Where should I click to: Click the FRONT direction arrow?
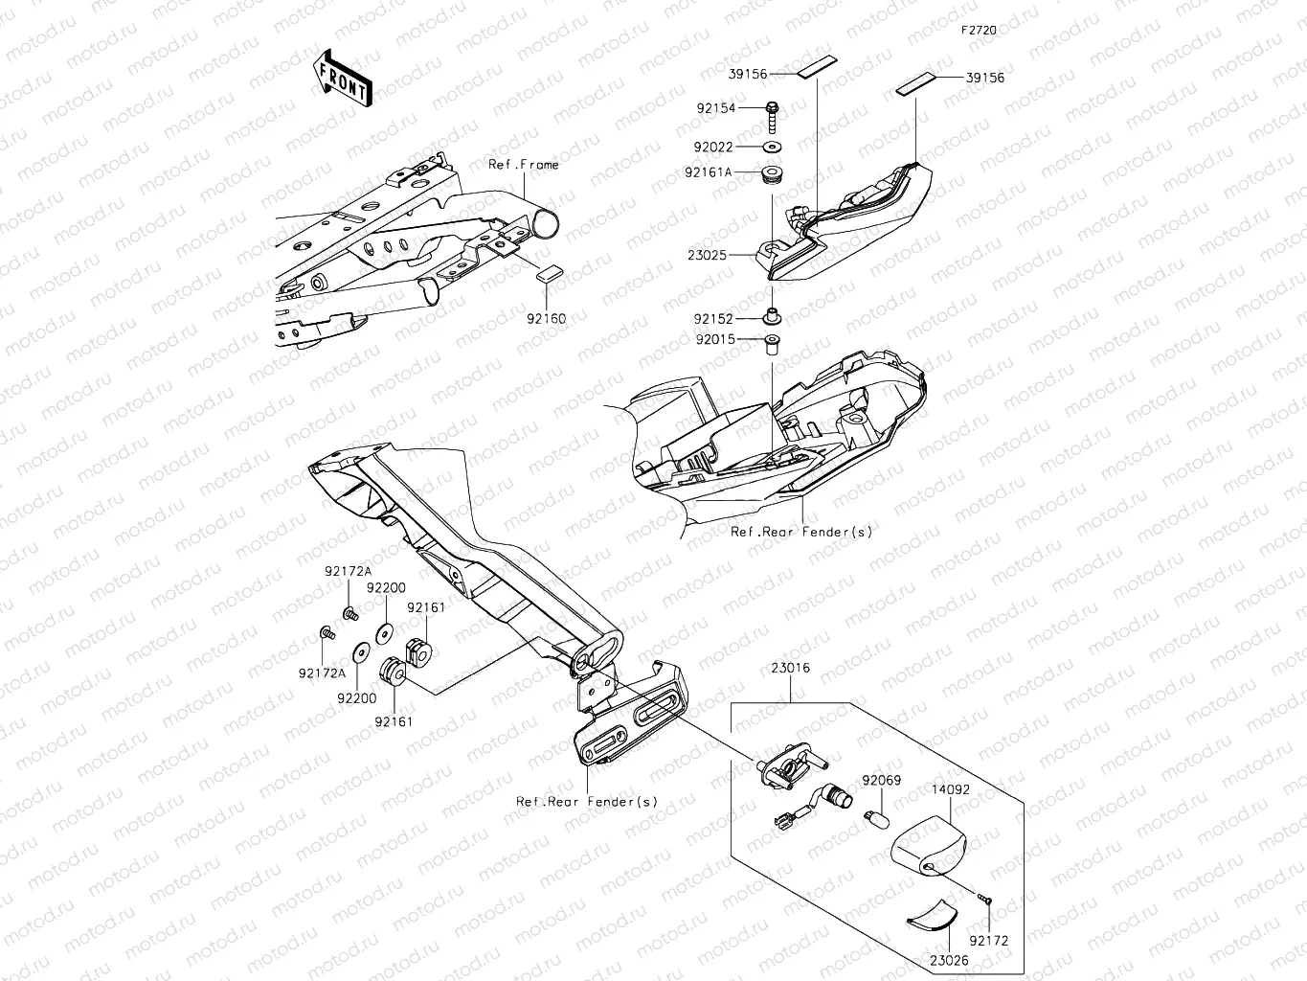[x=341, y=78]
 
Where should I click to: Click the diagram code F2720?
[x=980, y=31]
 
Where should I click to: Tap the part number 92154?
[x=715, y=109]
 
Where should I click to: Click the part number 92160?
[x=546, y=318]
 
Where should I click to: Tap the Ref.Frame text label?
[x=523, y=165]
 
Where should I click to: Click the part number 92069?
[x=881, y=781]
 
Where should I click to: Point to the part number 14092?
[x=951, y=792]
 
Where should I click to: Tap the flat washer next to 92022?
[x=772, y=148]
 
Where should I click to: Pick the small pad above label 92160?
[x=548, y=272]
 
